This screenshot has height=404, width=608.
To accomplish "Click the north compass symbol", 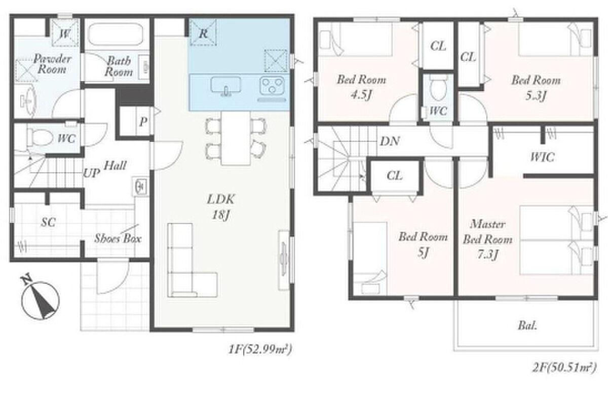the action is [40, 298].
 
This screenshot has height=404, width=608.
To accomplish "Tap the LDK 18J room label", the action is [220, 207].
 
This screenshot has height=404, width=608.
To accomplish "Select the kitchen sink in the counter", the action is [226, 86].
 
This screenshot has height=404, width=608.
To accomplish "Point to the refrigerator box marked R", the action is [203, 32].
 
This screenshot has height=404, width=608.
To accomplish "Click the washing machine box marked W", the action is [65, 32].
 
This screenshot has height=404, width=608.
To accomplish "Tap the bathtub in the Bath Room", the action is [116, 34].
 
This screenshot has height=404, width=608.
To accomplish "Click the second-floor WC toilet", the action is [439, 87].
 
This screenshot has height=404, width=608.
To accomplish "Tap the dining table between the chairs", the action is [236, 138].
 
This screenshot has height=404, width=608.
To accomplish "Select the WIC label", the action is [542, 157].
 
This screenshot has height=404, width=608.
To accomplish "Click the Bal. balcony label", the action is [527, 325].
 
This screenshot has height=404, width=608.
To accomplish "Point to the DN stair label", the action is [390, 141].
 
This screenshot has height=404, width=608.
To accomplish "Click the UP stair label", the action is [91, 173].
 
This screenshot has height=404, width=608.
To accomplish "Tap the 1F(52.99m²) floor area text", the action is [260, 349].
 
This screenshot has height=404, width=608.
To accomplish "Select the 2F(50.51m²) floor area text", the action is [564, 368].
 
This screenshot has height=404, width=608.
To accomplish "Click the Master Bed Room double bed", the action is [556, 240].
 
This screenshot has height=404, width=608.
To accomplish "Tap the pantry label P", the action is [143, 122].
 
